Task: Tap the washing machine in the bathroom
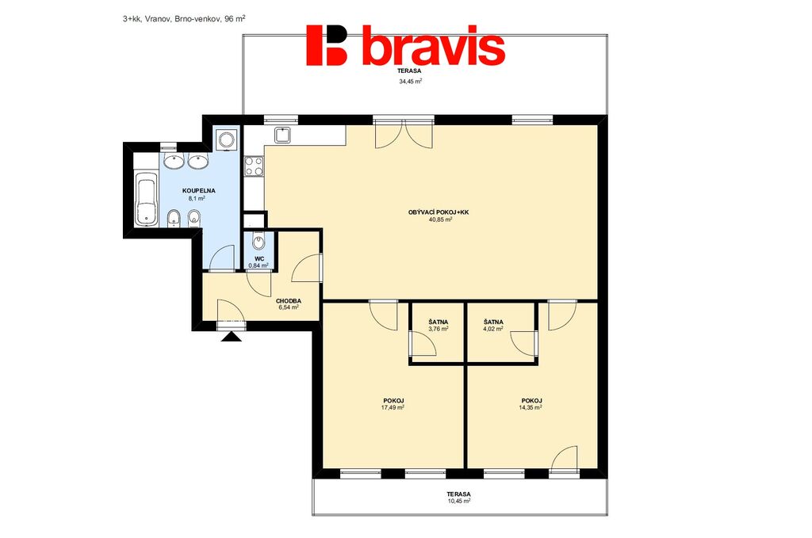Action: [227, 139]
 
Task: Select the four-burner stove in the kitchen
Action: [254, 166]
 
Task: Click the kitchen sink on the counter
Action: [283, 135]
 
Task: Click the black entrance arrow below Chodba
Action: [231, 337]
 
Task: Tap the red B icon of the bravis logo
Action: [326, 45]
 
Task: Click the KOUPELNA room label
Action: [198, 191]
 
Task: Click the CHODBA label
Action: [289, 301]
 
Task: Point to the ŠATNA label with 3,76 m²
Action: [438, 322]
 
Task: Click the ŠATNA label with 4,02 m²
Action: [493, 322]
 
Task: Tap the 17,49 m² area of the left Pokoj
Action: [393, 407]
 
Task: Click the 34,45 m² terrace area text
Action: [410, 82]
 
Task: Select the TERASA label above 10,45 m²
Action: [460, 494]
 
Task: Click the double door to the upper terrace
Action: [404, 134]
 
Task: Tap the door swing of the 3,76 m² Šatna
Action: [423, 345]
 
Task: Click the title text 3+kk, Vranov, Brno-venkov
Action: [172, 19]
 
